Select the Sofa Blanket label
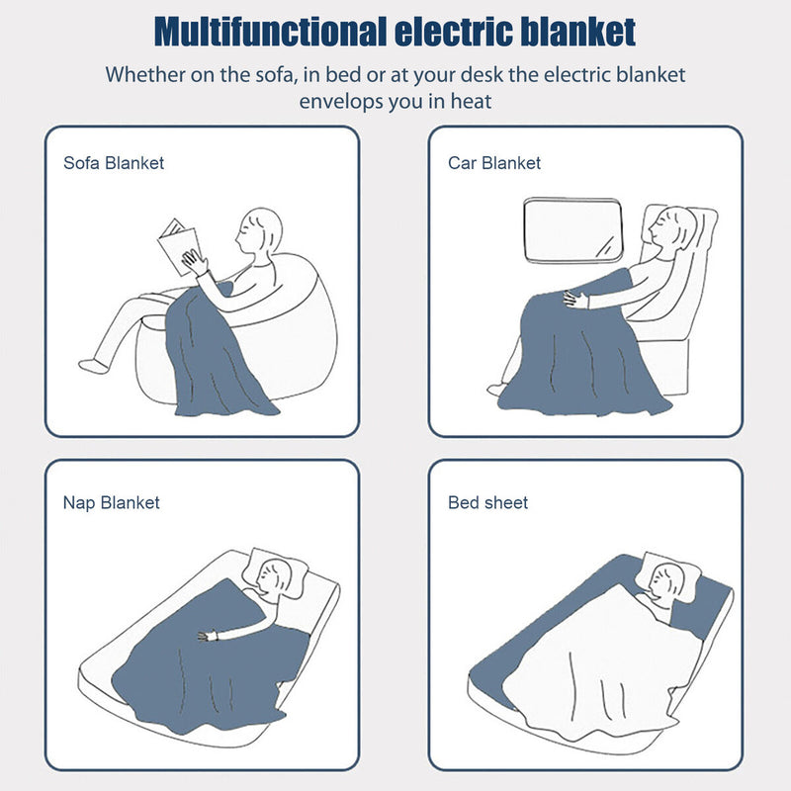pyautogui.click(x=114, y=163)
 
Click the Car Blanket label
pyautogui.click(x=494, y=163)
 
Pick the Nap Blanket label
pyautogui.click(x=111, y=502)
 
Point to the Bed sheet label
pyautogui.click(x=488, y=502)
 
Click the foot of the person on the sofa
pyautogui.click(x=93, y=365)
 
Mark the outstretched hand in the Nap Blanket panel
pyautogui.click(x=205, y=636)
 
